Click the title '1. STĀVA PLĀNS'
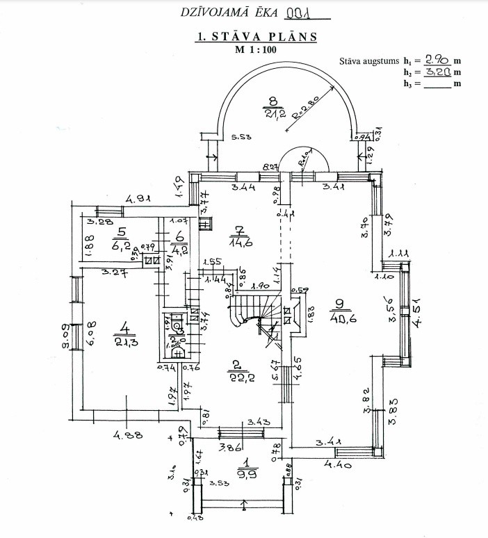257,38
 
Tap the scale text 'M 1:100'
257,50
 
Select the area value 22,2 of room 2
238,375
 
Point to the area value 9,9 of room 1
245,474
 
